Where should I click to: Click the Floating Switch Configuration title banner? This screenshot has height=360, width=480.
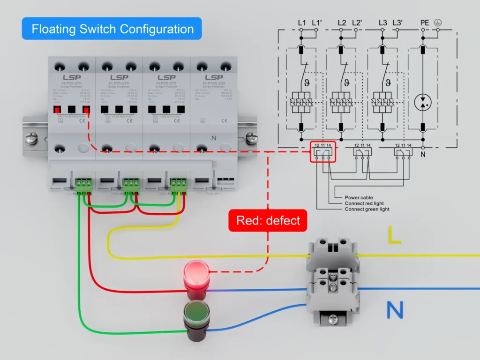click(112, 29)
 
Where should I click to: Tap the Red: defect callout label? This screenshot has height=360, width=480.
click(268, 220)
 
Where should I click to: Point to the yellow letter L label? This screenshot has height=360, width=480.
click(394, 235)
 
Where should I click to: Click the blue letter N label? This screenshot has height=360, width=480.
click(395, 310)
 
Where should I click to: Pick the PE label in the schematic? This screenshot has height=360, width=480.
click(425, 22)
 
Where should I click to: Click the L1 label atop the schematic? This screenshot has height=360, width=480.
click(301, 22)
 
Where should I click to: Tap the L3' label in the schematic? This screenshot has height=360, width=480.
click(397, 22)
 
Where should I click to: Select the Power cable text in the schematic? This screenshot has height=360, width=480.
click(359, 198)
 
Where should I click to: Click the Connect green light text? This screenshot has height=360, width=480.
click(367, 209)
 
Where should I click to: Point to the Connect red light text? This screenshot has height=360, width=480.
click(364, 203)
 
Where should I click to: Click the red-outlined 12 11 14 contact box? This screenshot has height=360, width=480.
click(323, 151)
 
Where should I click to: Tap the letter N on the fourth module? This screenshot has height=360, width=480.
click(213, 138)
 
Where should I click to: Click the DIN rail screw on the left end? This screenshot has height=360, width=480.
click(31, 138)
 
